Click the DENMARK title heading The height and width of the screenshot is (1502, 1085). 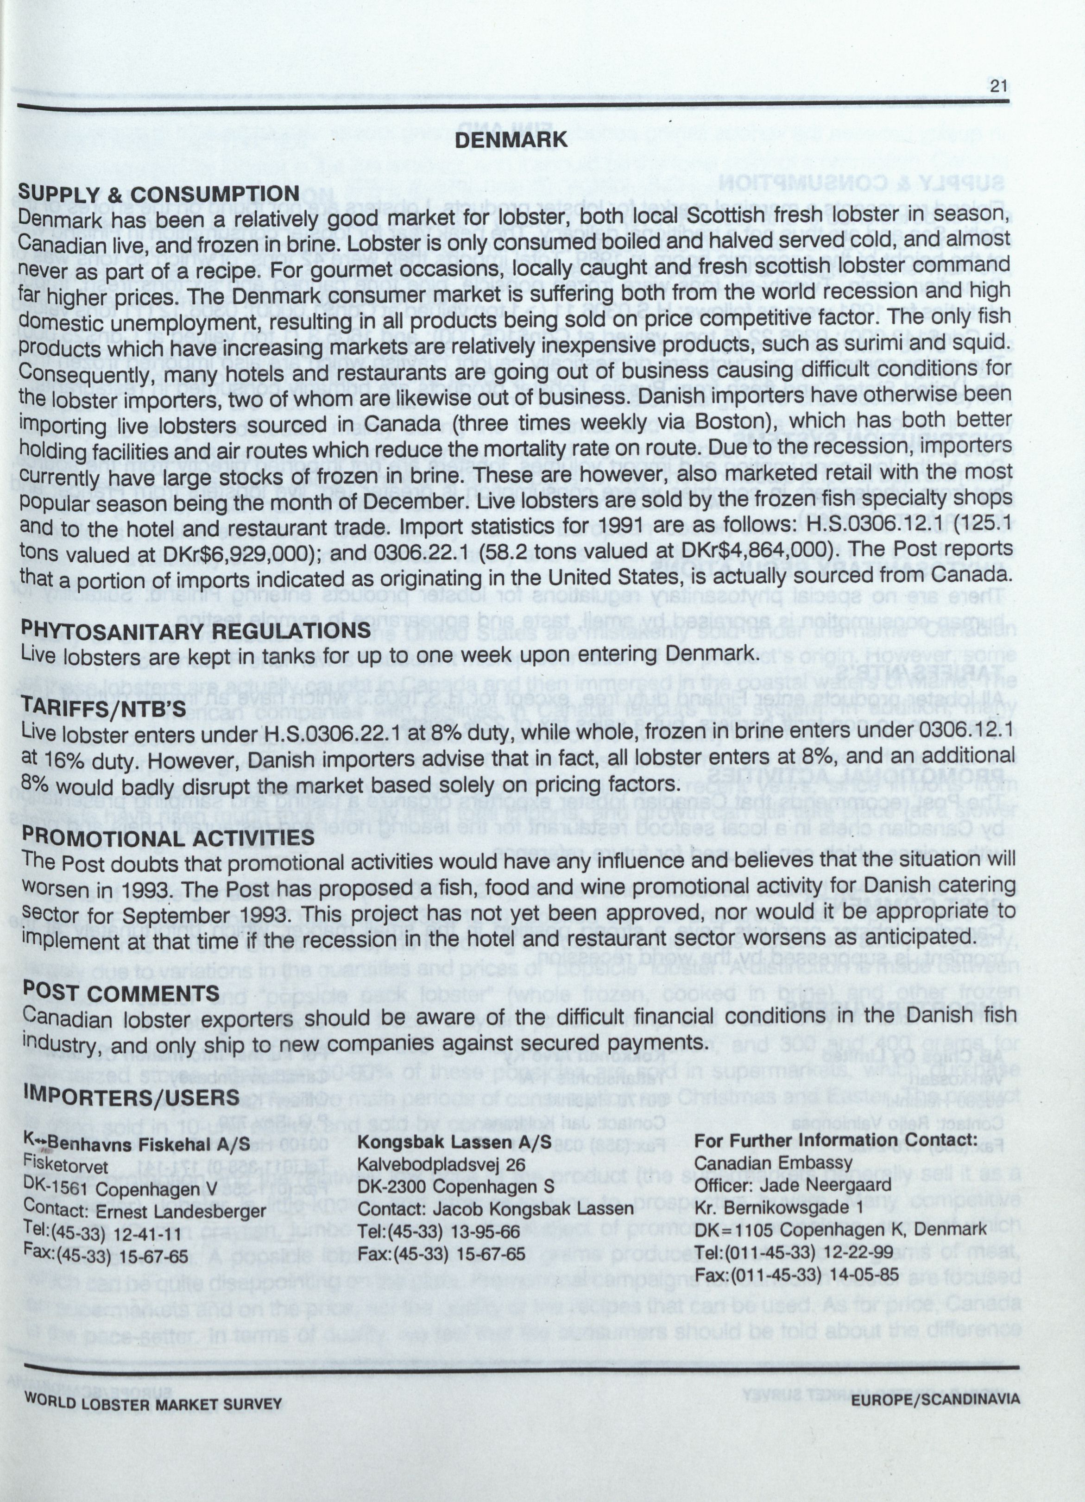(510, 140)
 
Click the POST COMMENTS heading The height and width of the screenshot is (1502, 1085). (120, 992)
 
